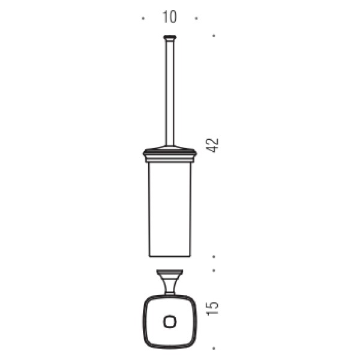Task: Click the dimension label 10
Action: (x=169, y=17)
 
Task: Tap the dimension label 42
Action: (x=212, y=145)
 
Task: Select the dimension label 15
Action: (x=212, y=309)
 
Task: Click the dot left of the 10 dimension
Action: (x=143, y=18)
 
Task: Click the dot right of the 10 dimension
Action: (x=196, y=18)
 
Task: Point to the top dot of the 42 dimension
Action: (x=214, y=35)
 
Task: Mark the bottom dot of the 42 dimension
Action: (x=214, y=256)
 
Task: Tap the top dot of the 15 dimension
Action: (x=214, y=271)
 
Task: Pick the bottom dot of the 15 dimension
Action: (x=214, y=348)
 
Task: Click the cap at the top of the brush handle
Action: (x=170, y=37)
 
